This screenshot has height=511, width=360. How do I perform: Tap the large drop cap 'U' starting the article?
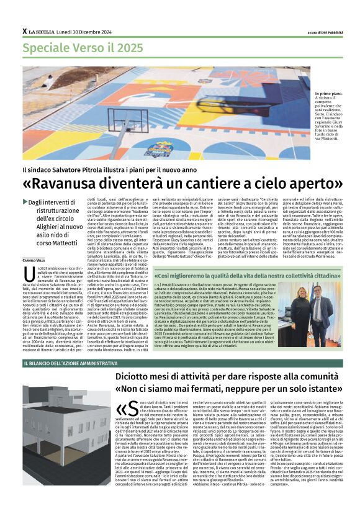coord(28,275)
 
